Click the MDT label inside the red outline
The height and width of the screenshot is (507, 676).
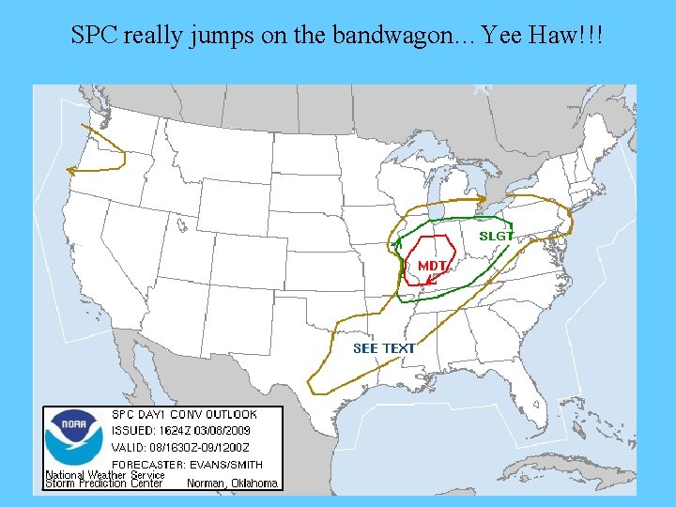click(432, 266)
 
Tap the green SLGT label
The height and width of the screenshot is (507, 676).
click(497, 236)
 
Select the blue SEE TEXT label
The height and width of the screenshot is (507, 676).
click(384, 348)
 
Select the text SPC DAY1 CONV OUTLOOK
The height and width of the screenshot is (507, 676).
click(184, 414)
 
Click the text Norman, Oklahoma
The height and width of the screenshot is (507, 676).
click(233, 484)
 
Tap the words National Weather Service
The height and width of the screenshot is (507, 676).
click(105, 475)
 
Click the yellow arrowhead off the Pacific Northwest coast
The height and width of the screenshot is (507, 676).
click(69, 170)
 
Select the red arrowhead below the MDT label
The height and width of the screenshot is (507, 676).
click(427, 279)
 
